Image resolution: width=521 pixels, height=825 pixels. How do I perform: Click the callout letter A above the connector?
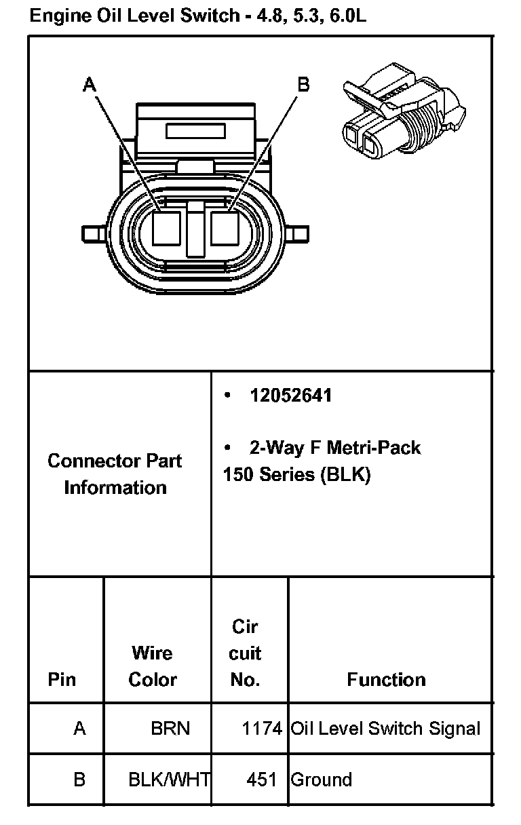point(90,84)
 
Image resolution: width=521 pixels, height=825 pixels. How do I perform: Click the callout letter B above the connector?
point(303,84)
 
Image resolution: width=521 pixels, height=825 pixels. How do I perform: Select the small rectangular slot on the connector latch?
point(195,131)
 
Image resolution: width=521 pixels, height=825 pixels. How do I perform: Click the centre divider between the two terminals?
point(195,229)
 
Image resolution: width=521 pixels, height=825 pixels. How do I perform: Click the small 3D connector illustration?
point(404,111)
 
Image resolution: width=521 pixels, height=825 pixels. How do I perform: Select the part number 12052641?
point(291,396)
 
